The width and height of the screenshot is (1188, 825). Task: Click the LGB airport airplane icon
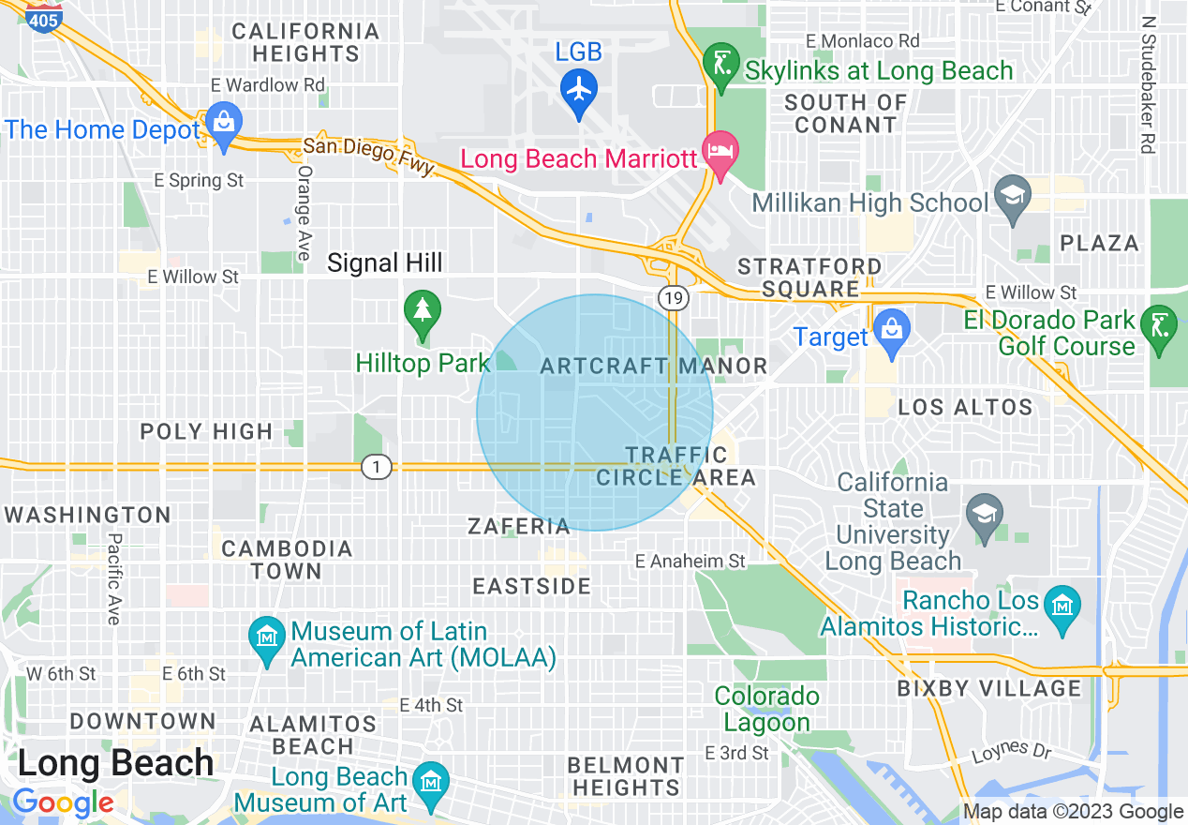click(579, 89)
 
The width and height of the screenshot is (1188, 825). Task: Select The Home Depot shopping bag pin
click(224, 123)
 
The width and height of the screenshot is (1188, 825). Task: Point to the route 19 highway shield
click(674, 298)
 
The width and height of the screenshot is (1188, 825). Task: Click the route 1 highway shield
click(376, 466)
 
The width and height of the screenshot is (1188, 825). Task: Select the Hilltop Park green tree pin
click(423, 310)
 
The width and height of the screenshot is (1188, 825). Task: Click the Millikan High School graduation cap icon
click(1012, 197)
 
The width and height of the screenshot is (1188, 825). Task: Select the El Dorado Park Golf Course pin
click(1161, 326)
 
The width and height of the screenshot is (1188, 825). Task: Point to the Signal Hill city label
click(384, 263)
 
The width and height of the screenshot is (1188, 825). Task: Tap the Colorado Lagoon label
click(767, 710)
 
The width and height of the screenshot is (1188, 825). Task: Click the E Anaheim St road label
click(690, 561)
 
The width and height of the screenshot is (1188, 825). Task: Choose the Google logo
click(63, 802)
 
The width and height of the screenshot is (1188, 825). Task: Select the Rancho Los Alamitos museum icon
click(1062, 607)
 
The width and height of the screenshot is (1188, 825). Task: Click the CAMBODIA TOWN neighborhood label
click(287, 560)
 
